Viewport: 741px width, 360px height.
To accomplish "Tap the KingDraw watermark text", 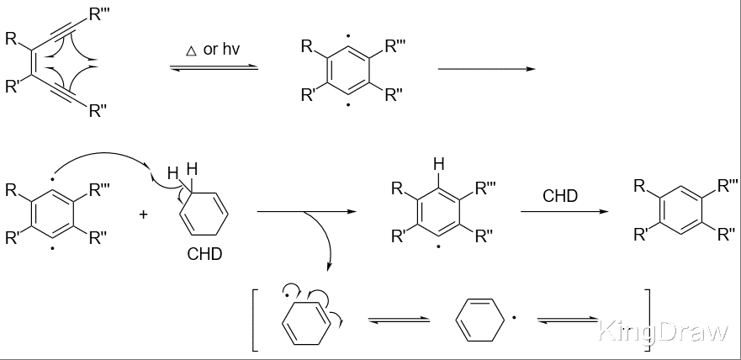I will pos(663,332).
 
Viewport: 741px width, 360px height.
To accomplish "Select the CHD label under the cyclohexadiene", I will pos(204,253).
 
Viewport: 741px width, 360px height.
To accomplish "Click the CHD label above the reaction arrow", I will pos(560,196).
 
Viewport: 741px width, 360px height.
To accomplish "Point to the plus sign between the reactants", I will pos(144,214).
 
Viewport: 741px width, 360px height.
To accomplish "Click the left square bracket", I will pos(255,319).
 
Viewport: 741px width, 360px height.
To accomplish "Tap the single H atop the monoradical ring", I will pos(437,165).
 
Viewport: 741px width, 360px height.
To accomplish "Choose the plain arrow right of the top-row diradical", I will pos(486,70).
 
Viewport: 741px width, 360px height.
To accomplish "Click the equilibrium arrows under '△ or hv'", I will pos(213,67).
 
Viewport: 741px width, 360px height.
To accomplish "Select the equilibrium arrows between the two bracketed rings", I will pos(400,320).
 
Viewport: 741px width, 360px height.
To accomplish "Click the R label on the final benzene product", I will pos(642,186).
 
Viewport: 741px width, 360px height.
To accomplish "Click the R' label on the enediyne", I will pos(12,87).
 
